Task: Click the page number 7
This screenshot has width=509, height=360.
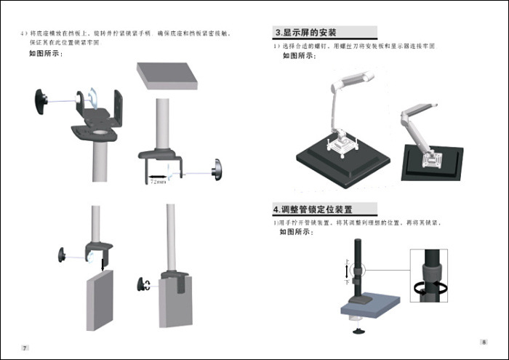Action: point(25,348)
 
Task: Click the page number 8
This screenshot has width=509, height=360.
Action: point(484,342)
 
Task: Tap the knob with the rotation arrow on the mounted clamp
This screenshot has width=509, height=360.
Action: point(144,284)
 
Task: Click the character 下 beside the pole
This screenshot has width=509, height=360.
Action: point(347,281)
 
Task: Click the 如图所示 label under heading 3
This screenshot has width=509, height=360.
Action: point(299,55)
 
